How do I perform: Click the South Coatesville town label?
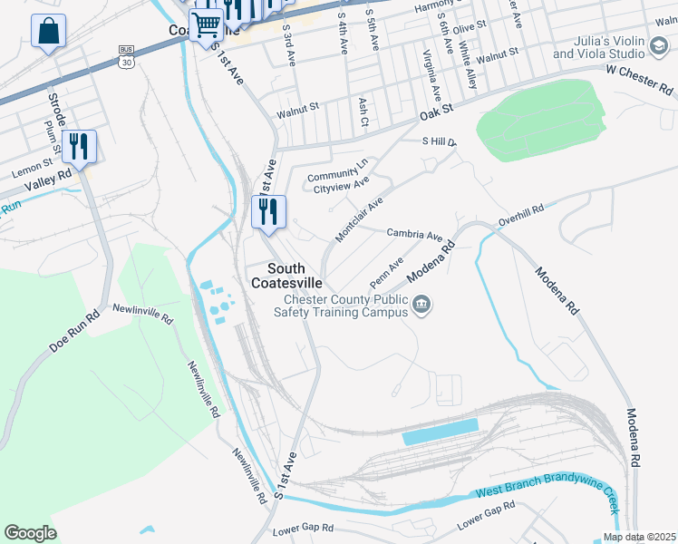[x=298, y=276]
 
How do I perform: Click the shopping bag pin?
[x=49, y=31]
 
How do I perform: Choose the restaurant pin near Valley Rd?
[x=79, y=146]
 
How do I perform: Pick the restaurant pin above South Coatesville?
[x=268, y=212]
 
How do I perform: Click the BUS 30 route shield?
[x=125, y=58]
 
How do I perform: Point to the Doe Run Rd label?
[x=73, y=334]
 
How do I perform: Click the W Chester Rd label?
[x=640, y=80]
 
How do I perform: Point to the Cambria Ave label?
[x=414, y=233]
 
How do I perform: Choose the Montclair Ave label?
[x=359, y=219]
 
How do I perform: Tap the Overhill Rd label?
[x=520, y=215]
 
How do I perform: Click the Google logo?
[x=30, y=533]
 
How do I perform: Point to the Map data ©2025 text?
[x=639, y=537]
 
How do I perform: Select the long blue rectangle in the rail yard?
[x=440, y=432]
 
